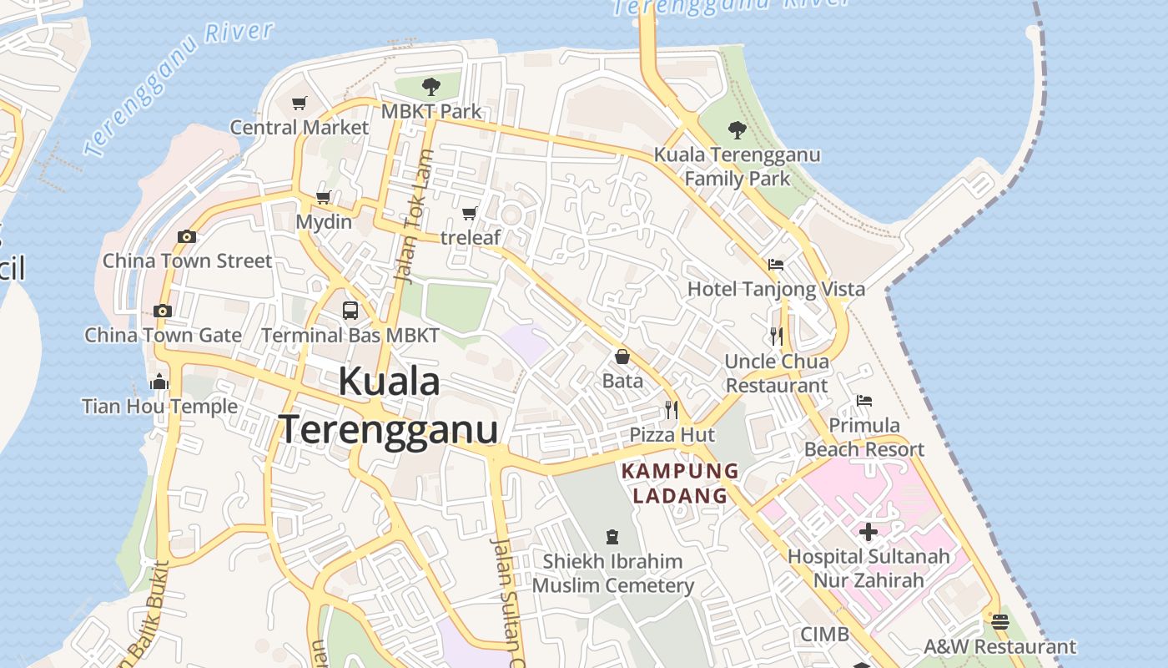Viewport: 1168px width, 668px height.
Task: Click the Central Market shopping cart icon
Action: [x=300, y=103]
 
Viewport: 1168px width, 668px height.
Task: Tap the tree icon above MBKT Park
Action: [x=430, y=86]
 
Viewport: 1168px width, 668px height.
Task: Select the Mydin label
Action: [x=324, y=223]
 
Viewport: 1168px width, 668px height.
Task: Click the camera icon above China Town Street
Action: [x=187, y=236]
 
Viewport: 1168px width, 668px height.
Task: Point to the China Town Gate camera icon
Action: [x=163, y=311]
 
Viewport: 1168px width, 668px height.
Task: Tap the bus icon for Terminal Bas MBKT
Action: [x=350, y=311]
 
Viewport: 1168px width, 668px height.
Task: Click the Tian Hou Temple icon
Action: [x=159, y=382]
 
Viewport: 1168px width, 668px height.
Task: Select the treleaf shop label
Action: [x=471, y=237]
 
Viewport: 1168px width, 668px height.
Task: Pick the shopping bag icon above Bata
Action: [x=622, y=357]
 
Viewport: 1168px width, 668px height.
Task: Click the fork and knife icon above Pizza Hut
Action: [x=671, y=410]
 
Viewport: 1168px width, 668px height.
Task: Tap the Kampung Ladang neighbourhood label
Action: [x=680, y=483]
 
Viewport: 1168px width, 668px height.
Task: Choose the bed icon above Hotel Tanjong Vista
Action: [x=776, y=265]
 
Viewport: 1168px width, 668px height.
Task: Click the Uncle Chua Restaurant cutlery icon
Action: [x=776, y=337]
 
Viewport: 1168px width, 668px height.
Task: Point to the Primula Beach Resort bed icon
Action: [x=864, y=401]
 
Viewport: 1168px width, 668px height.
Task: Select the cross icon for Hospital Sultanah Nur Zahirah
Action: [x=868, y=531]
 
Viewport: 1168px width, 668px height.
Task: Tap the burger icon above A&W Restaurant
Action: [x=999, y=622]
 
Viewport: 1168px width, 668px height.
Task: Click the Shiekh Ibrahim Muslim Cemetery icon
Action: [x=613, y=536]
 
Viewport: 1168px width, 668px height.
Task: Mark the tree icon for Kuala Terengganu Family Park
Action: [x=737, y=129]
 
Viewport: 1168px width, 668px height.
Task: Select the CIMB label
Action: [x=824, y=635]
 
